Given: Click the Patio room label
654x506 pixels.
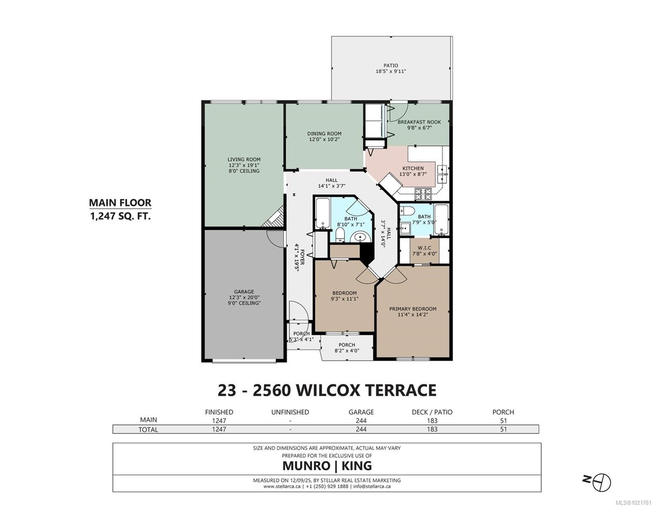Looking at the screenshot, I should (390, 66).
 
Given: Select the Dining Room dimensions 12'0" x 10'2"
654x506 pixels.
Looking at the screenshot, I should (324, 139).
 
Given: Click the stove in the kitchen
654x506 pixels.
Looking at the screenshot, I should (424, 194).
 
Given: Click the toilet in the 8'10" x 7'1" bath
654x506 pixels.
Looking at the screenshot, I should (340, 235).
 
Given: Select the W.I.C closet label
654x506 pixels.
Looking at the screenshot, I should (424, 248).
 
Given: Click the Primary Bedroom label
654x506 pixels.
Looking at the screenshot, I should (413, 309).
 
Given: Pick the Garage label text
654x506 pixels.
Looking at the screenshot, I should (244, 291).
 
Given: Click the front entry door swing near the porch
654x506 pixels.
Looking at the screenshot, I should (298, 312).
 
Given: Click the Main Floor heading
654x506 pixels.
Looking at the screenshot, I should (120, 203).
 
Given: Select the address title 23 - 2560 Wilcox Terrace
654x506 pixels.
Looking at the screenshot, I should (327, 390).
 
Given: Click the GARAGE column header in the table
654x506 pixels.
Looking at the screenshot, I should (361, 412).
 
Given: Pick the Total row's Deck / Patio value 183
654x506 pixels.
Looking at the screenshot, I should (432, 429).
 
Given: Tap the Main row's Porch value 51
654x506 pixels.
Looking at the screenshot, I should (503, 420).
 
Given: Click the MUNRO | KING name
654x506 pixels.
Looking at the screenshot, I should (327, 466).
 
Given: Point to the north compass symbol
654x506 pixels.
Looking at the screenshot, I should (602, 481).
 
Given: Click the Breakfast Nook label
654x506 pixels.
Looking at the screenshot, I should (419, 122).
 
